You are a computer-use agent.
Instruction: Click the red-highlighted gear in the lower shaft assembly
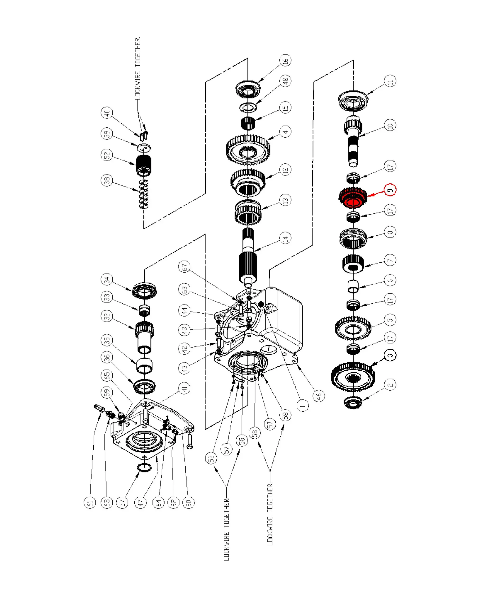pos(353,198)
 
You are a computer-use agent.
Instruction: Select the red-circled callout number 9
pos(390,190)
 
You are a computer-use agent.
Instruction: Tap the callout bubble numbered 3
pos(390,355)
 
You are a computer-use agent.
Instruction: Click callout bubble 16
pos(285,60)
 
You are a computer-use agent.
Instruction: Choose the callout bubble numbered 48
pos(285,81)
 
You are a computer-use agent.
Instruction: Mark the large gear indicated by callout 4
pos(248,150)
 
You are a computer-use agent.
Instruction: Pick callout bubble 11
pos(390,81)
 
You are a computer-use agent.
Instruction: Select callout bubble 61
pos(90,502)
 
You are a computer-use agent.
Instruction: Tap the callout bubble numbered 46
pos(319,396)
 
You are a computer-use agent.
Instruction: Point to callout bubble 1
pos(302,405)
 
